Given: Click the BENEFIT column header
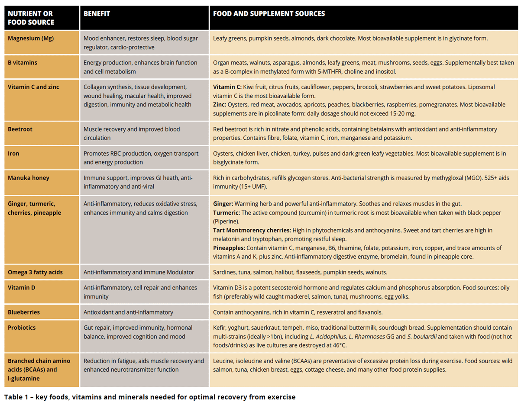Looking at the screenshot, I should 97,13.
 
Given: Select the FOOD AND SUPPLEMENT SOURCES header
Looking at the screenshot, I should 269,13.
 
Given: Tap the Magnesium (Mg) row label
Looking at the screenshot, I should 31,38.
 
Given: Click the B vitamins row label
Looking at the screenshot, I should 23,62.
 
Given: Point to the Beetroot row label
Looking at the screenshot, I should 20,129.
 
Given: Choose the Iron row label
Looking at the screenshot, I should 13,153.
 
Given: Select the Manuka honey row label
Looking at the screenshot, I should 28,177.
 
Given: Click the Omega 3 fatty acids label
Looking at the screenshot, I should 35,272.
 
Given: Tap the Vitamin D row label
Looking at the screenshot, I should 22,287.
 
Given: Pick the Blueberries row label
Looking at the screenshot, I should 24,312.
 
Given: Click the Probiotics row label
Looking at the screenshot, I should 22,328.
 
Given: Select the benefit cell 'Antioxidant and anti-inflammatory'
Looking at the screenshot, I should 128,312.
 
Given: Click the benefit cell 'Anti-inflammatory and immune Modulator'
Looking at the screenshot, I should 139,272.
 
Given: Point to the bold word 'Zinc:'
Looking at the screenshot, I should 220,105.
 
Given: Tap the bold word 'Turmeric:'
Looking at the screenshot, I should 226,212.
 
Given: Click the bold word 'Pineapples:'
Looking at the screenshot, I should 229,248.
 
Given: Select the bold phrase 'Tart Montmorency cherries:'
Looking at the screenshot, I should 252,230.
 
